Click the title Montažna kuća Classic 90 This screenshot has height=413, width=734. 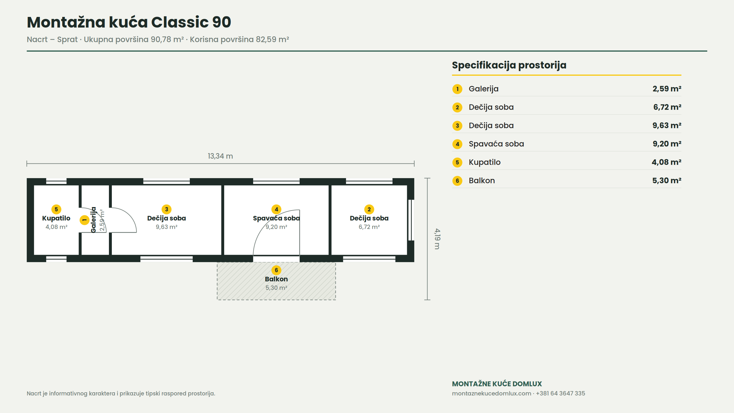pyautogui.click(x=129, y=22)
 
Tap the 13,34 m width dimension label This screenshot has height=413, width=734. pyautogui.click(x=220, y=156)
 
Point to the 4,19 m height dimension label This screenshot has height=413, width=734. pyautogui.click(x=437, y=239)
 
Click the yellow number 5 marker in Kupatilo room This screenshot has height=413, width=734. pyautogui.click(x=56, y=209)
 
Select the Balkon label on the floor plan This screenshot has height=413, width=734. pyautogui.click(x=276, y=279)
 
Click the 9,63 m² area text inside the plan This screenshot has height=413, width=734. pyautogui.click(x=167, y=227)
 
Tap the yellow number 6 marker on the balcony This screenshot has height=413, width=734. pyautogui.click(x=276, y=270)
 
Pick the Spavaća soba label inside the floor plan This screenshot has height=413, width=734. pyautogui.click(x=276, y=218)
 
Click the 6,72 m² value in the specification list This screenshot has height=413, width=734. pyautogui.click(x=667, y=107)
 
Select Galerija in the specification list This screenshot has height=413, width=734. pyautogui.click(x=483, y=89)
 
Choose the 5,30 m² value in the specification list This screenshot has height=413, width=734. pyautogui.click(x=667, y=180)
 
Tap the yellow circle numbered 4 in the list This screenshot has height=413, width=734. pyautogui.click(x=457, y=144)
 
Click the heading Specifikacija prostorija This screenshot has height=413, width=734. pyautogui.click(x=509, y=65)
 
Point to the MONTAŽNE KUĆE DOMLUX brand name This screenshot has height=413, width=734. pyautogui.click(x=497, y=384)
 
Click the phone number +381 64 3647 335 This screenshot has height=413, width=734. pyautogui.click(x=560, y=393)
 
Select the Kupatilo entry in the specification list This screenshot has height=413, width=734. pyautogui.click(x=485, y=162)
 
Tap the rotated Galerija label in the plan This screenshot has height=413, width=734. pyautogui.click(x=93, y=220)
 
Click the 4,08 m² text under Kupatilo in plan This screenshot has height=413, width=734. pyautogui.click(x=56, y=227)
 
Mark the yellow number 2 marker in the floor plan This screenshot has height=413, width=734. pyautogui.click(x=369, y=209)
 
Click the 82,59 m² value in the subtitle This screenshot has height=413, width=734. pyautogui.click(x=272, y=39)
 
